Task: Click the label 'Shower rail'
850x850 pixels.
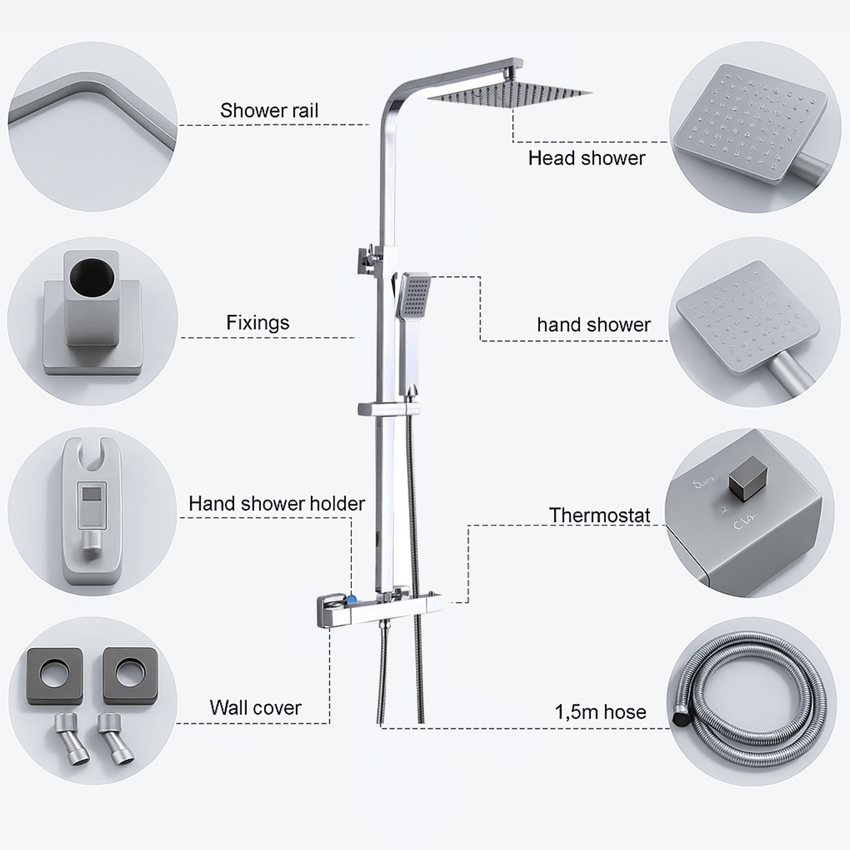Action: [x=269, y=110]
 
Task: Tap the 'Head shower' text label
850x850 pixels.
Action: [x=586, y=159]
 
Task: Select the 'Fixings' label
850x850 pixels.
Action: [x=258, y=323]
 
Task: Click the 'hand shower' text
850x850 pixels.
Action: [x=593, y=325]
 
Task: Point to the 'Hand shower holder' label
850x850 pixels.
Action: [x=277, y=504]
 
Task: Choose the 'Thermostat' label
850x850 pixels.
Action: [x=599, y=515]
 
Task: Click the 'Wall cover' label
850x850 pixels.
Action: [x=255, y=708]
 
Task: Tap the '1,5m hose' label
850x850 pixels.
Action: [x=600, y=712]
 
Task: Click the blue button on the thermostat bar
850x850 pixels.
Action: [x=352, y=599]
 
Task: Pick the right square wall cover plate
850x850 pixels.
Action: [x=130, y=675]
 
